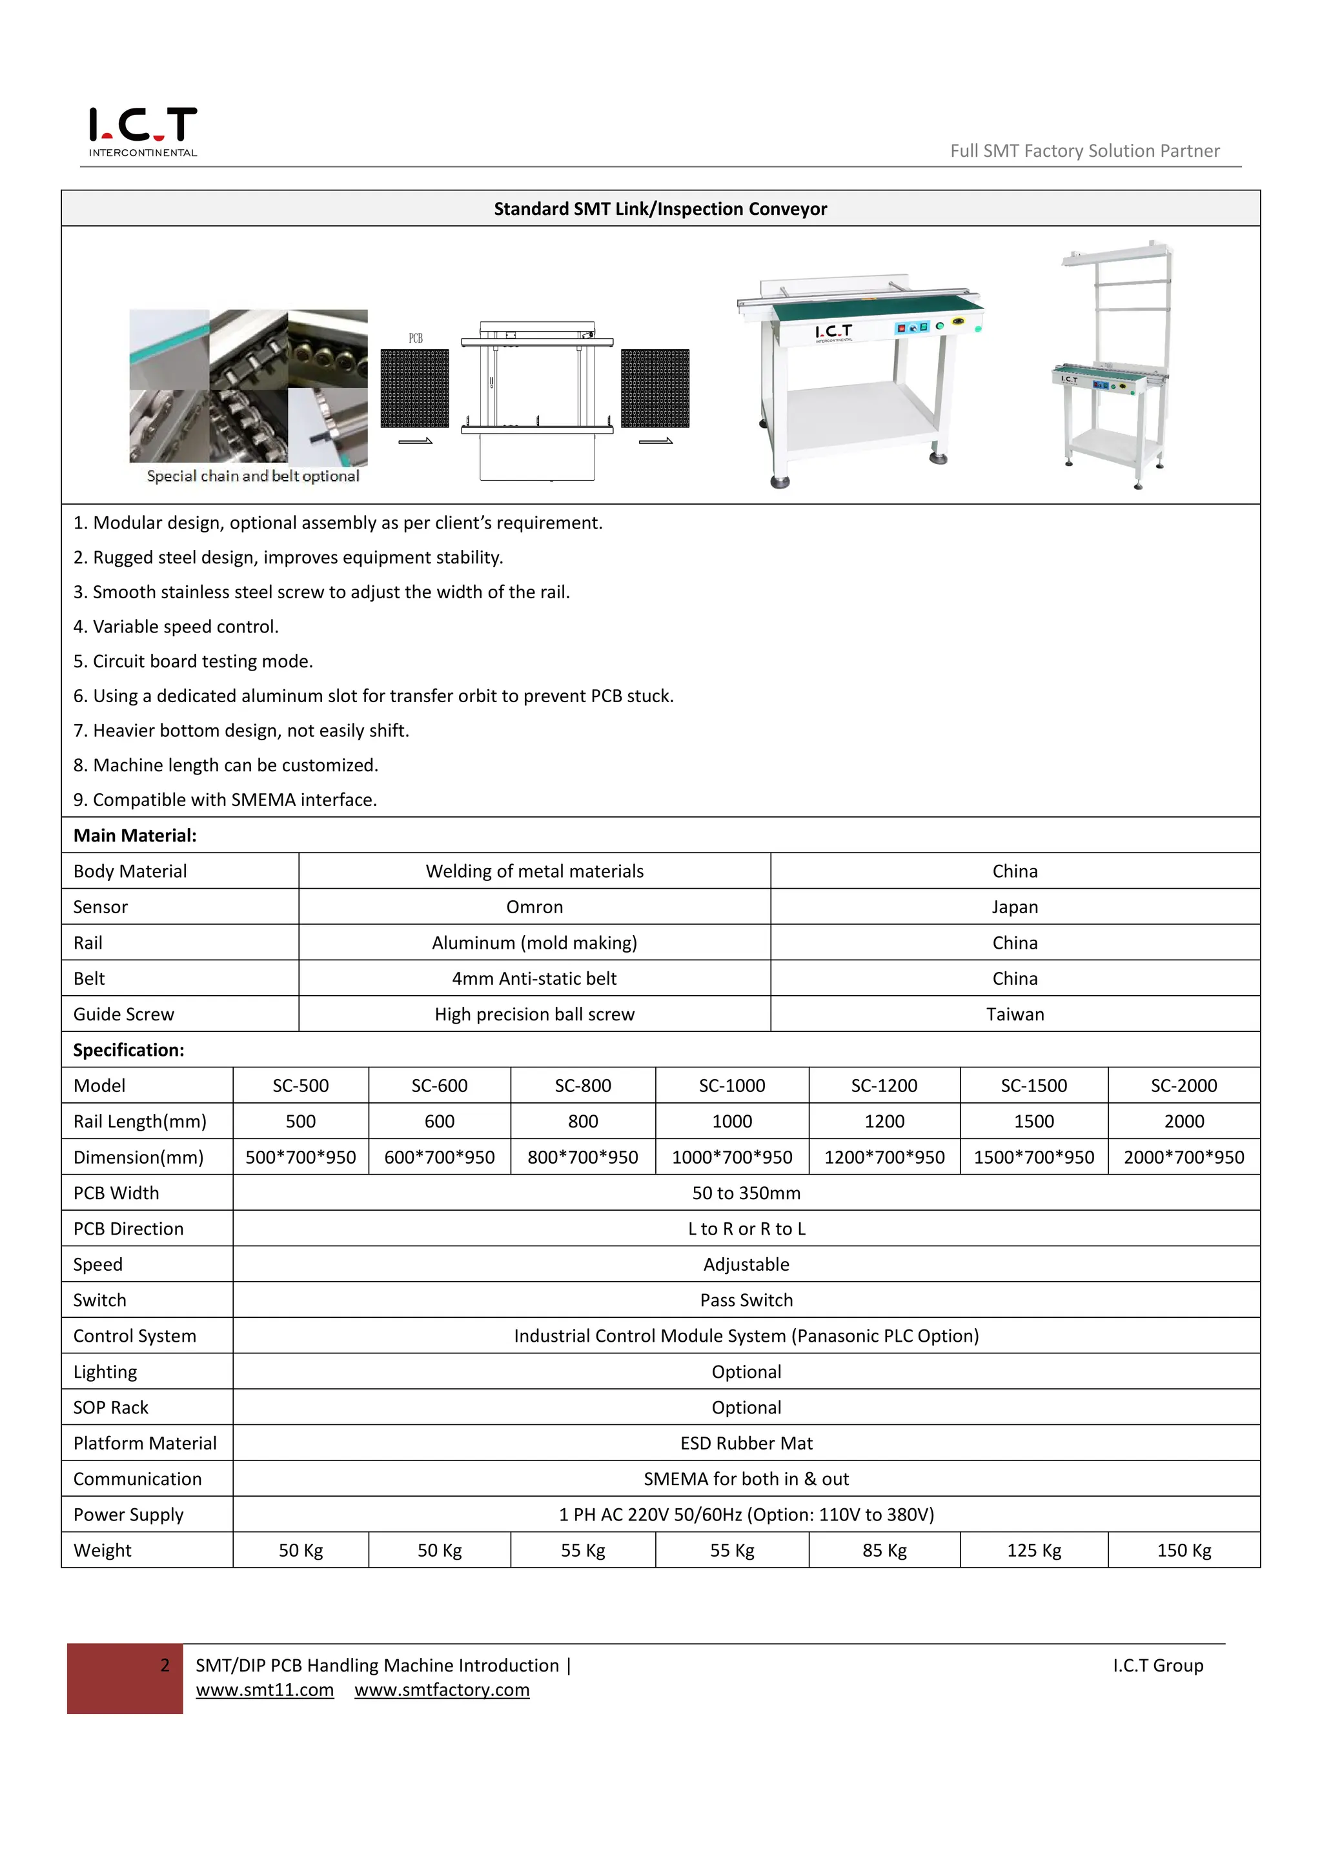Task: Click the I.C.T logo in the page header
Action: click(143, 130)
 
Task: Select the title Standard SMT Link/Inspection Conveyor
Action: click(660, 209)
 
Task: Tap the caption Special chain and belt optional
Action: click(252, 476)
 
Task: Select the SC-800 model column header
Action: click(583, 1086)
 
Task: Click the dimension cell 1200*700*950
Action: click(884, 1158)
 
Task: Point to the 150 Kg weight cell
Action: click(1184, 1551)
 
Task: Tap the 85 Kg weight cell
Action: click(884, 1551)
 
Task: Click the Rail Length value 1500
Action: click(1034, 1122)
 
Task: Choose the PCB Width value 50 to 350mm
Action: click(746, 1193)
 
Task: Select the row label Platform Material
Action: click(145, 1443)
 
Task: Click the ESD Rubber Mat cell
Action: click(746, 1443)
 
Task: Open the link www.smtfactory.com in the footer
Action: click(442, 1690)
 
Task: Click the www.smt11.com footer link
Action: click(265, 1690)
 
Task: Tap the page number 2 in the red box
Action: click(165, 1666)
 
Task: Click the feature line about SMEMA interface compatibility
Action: click(225, 800)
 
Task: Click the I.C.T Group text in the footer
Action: click(1157, 1666)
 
